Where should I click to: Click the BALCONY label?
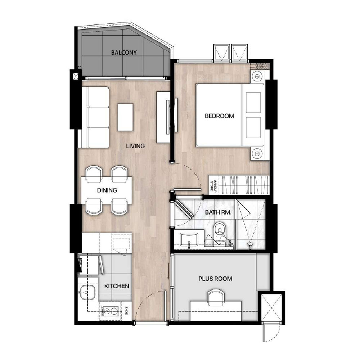tap(124, 53)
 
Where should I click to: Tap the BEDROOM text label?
tap(219, 116)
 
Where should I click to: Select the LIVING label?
tap(135, 146)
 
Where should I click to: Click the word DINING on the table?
tap(107, 190)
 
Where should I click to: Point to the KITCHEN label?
tap(117, 286)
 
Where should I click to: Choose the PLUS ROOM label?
tap(215, 279)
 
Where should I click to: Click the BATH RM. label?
tap(218, 212)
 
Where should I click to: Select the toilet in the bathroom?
tap(220, 231)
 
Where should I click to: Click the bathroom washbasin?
tap(189, 240)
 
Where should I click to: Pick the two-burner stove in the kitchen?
tap(110, 311)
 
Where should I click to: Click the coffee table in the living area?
tap(125, 117)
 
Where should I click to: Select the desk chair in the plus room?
tap(216, 297)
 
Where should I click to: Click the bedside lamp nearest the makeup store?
tap(257, 153)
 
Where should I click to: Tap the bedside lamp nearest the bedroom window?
tap(257, 76)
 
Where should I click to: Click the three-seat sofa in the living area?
tap(95, 117)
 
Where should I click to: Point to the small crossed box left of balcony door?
tap(76, 76)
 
